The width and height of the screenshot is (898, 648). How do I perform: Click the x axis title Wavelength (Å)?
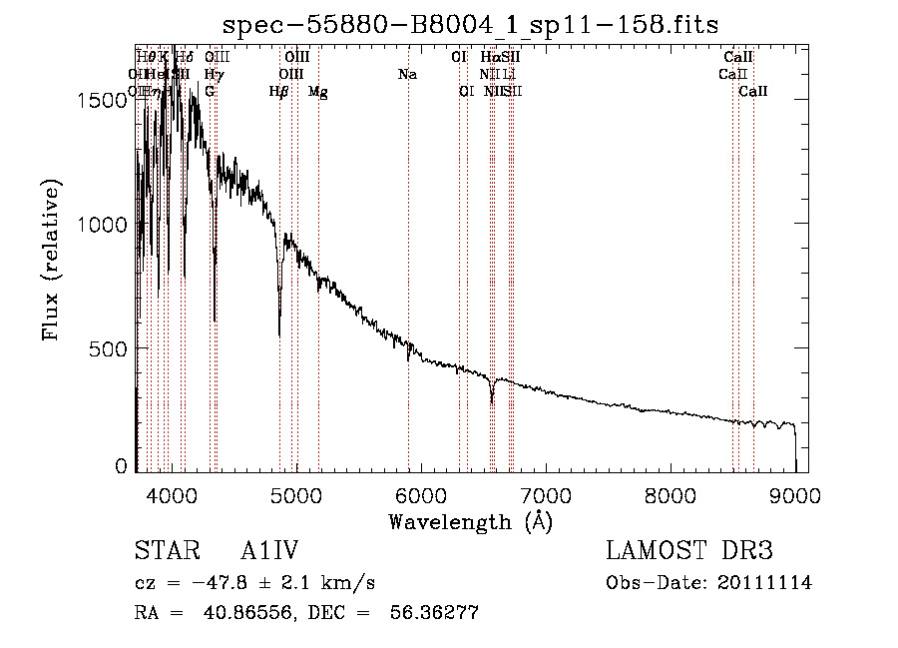tap(470, 521)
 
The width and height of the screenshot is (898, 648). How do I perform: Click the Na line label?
tap(407, 74)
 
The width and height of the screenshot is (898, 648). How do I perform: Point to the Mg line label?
tap(318, 92)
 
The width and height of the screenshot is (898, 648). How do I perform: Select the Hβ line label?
tap(279, 92)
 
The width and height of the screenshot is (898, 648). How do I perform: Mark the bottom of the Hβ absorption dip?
tap(279, 334)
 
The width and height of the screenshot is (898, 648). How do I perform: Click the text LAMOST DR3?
tap(689, 552)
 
